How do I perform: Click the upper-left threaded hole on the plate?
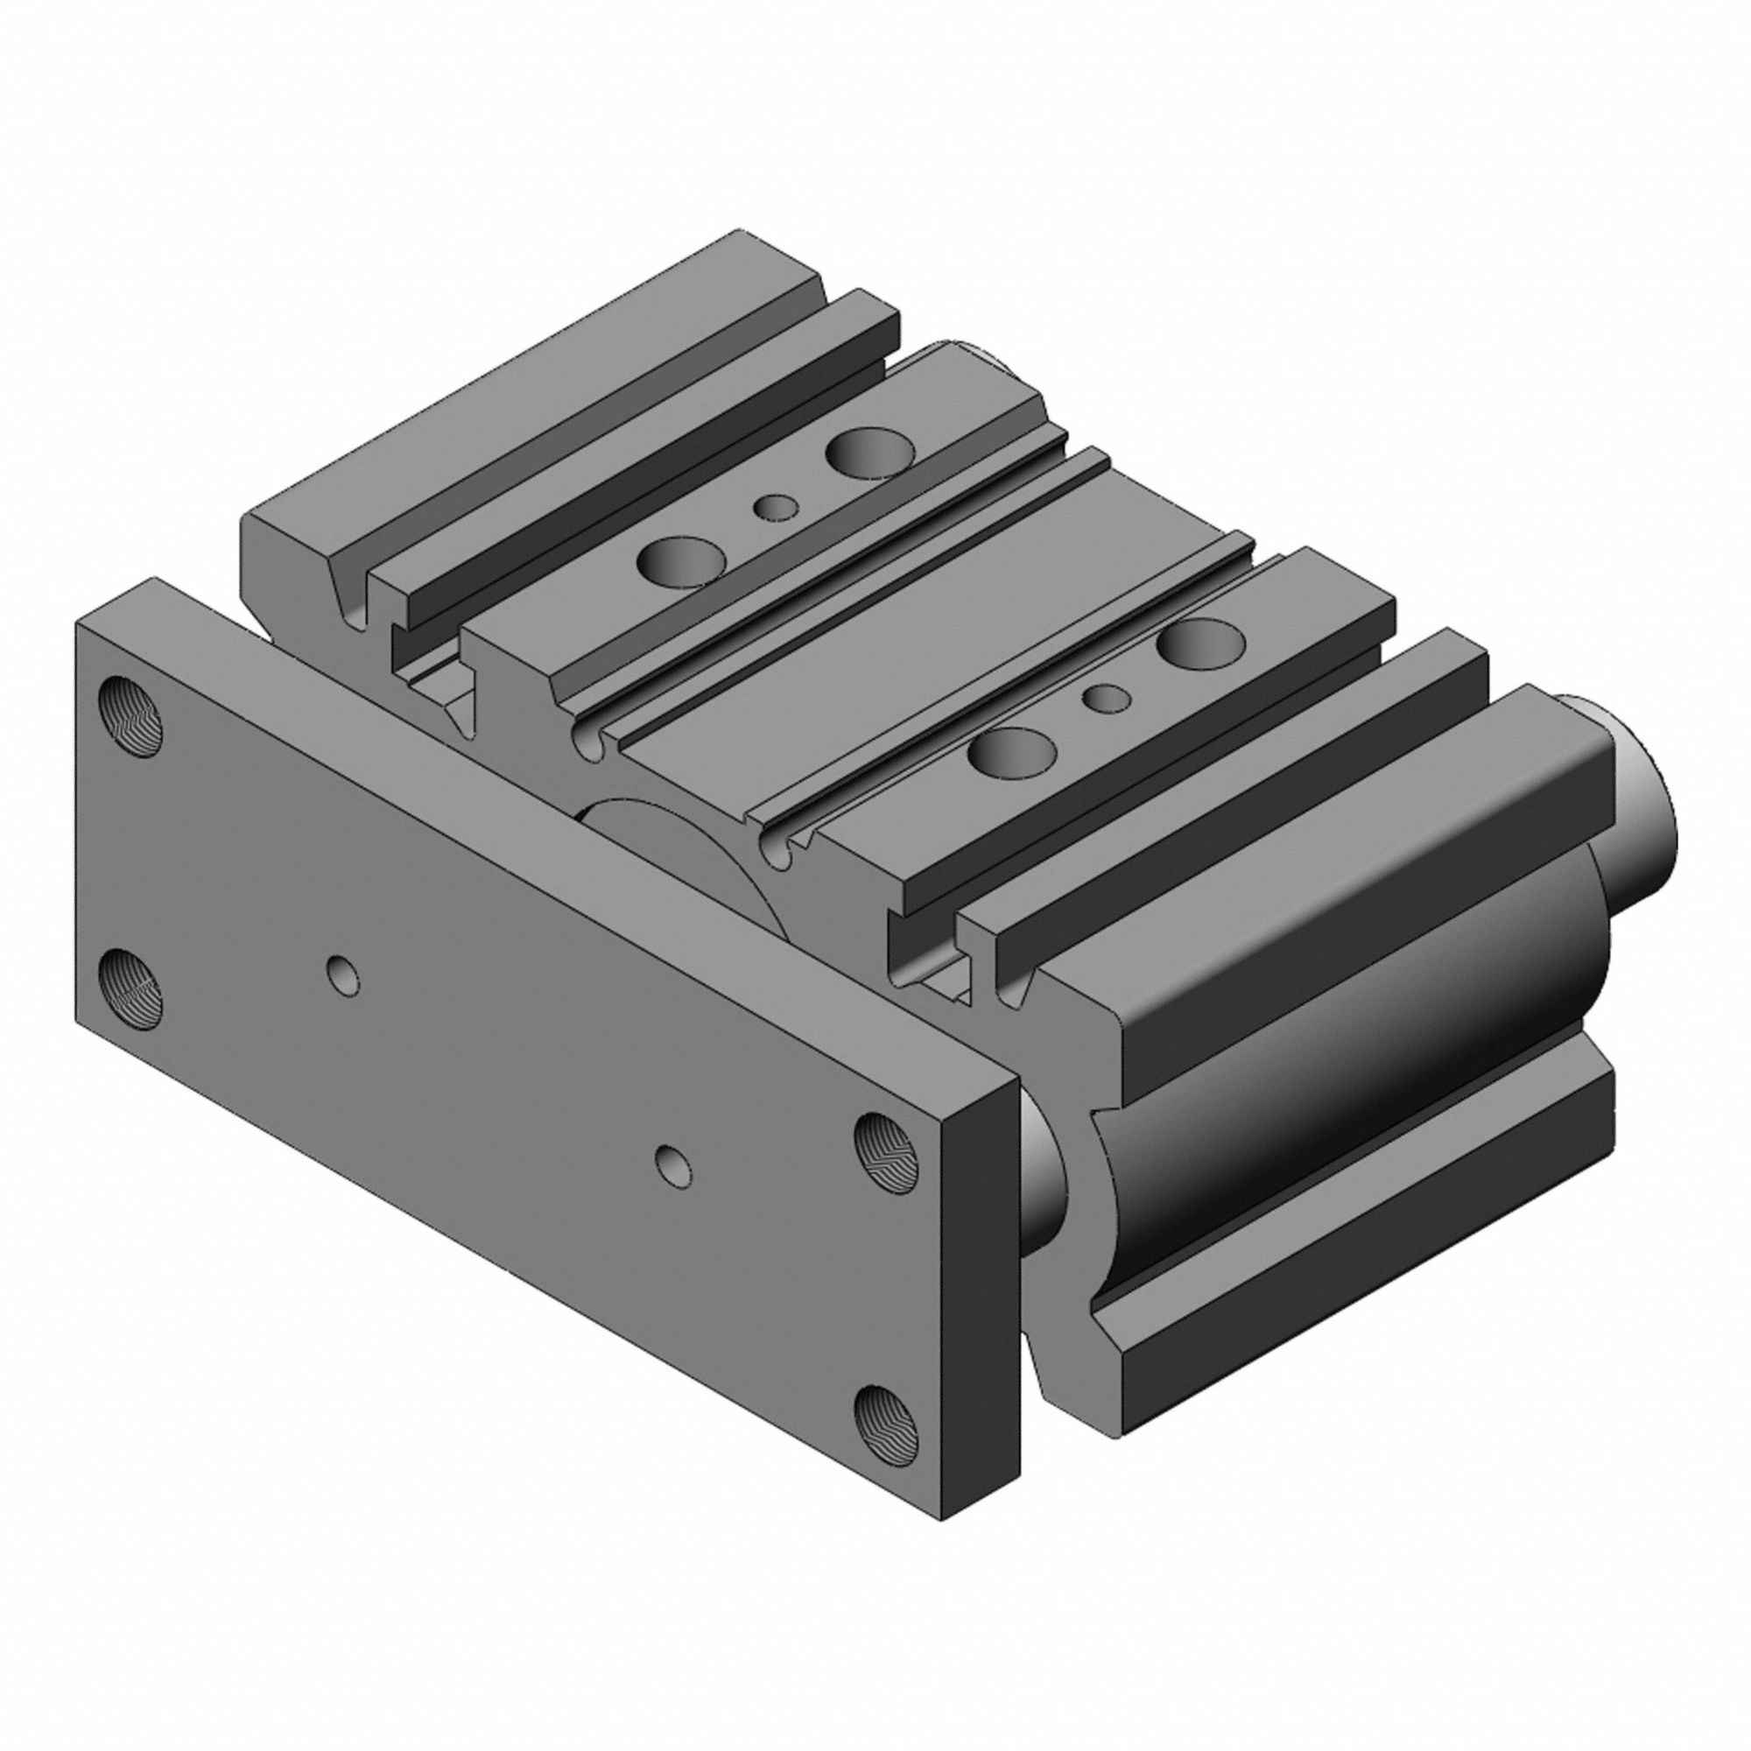point(130,714)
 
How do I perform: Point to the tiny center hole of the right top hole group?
point(1107,697)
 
